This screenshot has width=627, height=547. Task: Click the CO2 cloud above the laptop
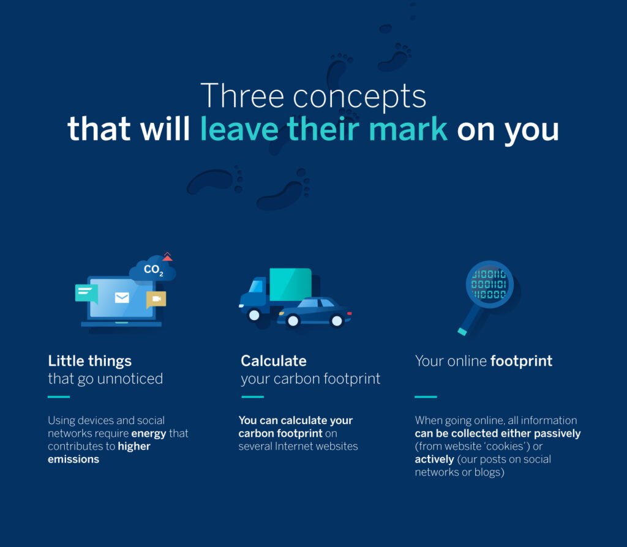click(x=152, y=269)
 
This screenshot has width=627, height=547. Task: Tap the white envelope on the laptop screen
click(x=122, y=298)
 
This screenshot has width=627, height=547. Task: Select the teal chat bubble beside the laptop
click(x=86, y=293)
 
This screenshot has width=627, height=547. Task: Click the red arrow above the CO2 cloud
click(x=168, y=257)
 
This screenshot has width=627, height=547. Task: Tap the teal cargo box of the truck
click(x=290, y=285)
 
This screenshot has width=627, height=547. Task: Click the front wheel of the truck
click(x=254, y=315)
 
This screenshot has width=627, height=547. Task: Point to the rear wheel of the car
click(x=293, y=321)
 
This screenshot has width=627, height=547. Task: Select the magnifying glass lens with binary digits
click(x=489, y=285)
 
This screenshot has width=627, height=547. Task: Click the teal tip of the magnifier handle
click(x=462, y=332)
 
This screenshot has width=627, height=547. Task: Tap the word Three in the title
click(x=242, y=96)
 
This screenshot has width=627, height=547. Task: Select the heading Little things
click(x=89, y=361)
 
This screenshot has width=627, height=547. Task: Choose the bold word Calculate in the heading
click(x=274, y=361)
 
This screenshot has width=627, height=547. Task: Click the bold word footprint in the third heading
click(x=522, y=361)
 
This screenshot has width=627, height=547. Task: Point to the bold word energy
click(x=148, y=434)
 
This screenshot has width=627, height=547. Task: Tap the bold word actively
click(x=434, y=460)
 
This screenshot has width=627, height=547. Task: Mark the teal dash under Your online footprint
click(x=426, y=396)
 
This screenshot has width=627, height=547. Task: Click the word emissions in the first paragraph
click(x=73, y=460)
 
